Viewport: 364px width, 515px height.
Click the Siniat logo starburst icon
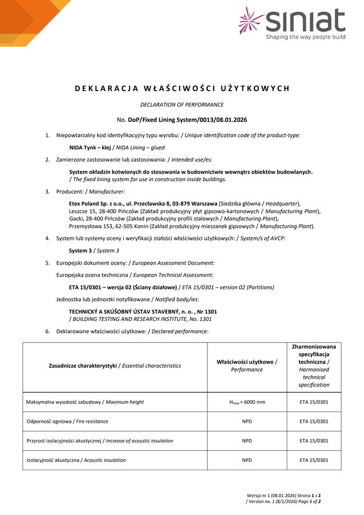click(251, 21)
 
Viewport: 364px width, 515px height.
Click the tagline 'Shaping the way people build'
click(305, 37)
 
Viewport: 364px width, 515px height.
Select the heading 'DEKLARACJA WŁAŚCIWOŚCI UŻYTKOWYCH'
click(182, 88)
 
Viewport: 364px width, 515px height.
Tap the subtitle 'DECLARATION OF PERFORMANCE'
click(182, 105)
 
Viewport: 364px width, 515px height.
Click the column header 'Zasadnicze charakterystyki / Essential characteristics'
click(115, 366)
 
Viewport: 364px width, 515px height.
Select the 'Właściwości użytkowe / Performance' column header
click(247, 366)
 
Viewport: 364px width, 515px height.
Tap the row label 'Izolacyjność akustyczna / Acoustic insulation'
click(76, 460)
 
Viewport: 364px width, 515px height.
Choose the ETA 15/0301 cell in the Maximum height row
click(314, 402)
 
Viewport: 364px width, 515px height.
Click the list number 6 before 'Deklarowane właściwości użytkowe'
click(47, 331)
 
